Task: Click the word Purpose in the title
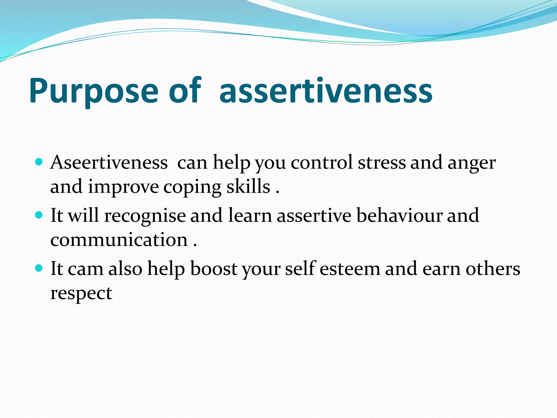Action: [x=94, y=91]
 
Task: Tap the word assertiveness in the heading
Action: [x=326, y=91]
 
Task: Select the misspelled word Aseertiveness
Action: [x=109, y=163]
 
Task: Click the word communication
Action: [x=119, y=240]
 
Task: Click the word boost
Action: [x=214, y=269]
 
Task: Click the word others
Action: [x=493, y=269]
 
